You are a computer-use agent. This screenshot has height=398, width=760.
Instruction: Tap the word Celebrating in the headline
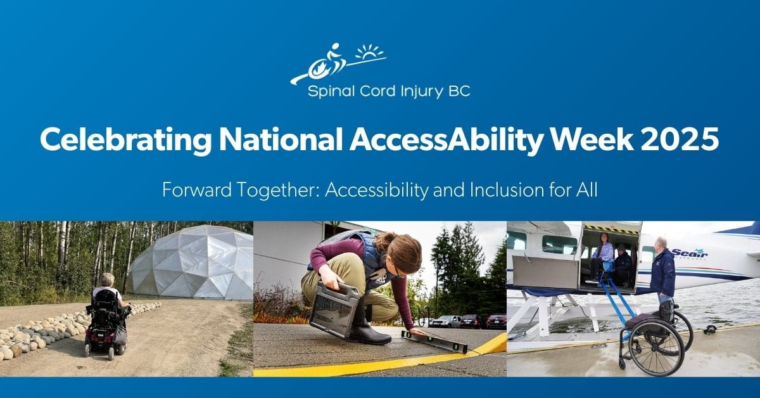[x=125, y=141]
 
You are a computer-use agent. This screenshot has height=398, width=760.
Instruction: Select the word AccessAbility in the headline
[x=446, y=141]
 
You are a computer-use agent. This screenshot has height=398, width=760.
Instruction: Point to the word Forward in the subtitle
[x=197, y=190]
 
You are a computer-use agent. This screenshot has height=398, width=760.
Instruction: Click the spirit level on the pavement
[x=434, y=341]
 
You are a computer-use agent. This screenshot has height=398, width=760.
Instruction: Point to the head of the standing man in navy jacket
[x=661, y=243]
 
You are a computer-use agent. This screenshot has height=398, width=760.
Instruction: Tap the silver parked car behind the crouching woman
[x=446, y=321]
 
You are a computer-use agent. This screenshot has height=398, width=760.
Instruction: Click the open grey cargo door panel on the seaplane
[x=545, y=271]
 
